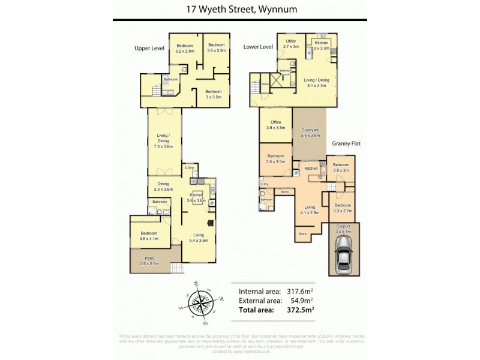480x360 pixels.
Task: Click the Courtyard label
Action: pyautogui.click(x=310, y=133)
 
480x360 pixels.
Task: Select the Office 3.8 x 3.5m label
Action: pyautogui.click(x=275, y=125)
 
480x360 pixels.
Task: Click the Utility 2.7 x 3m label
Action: pyautogui.click(x=291, y=43)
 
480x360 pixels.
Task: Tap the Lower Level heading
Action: pyautogui.click(x=258, y=47)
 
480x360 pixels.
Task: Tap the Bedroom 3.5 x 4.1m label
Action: pyautogui.click(x=148, y=236)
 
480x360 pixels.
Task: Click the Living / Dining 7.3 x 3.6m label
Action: pyautogui.click(x=163, y=143)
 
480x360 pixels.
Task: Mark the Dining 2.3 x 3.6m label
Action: pyautogui.click(x=163, y=187)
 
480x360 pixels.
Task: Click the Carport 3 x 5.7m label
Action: pyautogui.click(x=343, y=228)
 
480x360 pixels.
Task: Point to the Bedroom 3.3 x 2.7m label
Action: pyautogui.click(x=342, y=208)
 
